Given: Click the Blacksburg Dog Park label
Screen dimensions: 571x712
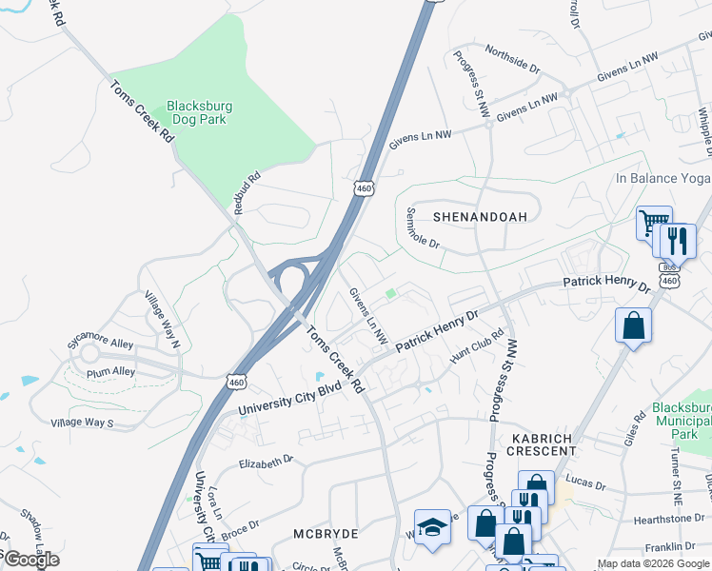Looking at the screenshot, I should pyautogui.click(x=200, y=114).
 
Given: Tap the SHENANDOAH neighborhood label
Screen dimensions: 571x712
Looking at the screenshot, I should pyautogui.click(x=480, y=217).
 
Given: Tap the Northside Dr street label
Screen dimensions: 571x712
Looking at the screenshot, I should pyautogui.click(x=512, y=59).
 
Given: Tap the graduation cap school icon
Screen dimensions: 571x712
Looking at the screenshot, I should pyautogui.click(x=432, y=527).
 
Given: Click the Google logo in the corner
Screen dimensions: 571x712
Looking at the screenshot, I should pyautogui.click(x=30, y=560).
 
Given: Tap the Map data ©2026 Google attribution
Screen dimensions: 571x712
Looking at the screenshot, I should pyautogui.click(x=653, y=563).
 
